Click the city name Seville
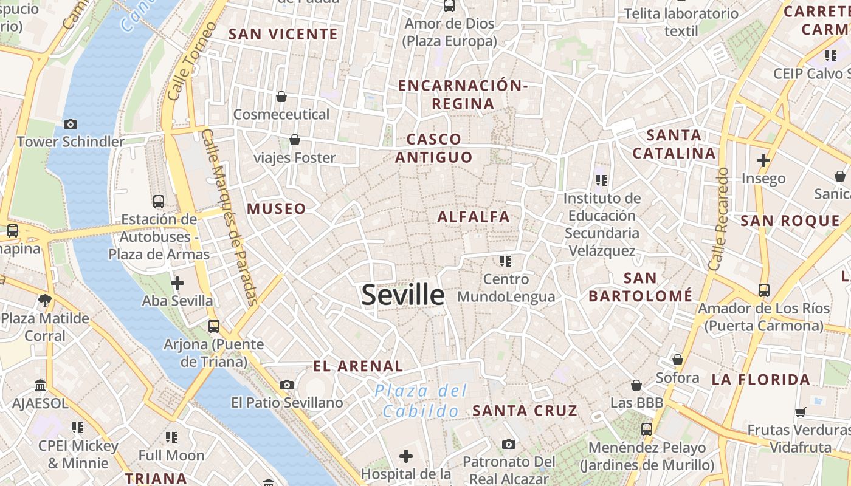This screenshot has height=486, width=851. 403,295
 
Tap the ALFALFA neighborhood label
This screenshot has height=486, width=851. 474,217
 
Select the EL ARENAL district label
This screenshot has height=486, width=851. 357,366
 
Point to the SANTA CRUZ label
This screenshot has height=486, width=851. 525,411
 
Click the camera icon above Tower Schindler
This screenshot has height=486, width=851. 71,124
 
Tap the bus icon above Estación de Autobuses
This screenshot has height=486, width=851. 159,201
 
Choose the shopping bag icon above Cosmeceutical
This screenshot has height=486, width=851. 281,97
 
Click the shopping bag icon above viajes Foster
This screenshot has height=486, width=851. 295,140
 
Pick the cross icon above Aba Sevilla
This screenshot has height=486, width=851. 177,282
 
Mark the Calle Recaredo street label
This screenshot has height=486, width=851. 718,219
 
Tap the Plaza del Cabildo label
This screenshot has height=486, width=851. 421,400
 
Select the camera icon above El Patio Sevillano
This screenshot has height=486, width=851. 287,385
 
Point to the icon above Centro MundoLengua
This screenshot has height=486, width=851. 506,261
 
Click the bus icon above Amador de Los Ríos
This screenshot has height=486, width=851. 764,290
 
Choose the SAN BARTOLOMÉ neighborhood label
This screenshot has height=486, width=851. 641,287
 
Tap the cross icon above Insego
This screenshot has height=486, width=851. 763,160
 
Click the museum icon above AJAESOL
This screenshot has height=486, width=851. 41,385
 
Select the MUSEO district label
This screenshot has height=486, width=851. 277,209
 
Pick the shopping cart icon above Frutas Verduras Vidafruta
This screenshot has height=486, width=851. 801,412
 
